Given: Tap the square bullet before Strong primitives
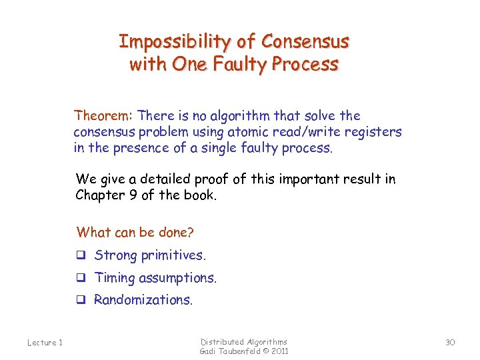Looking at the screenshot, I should coord(81,256).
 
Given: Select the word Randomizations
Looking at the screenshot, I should coord(143,300).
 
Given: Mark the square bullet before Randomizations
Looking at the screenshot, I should coord(81,301).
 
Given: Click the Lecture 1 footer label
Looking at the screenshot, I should coord(45,343).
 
